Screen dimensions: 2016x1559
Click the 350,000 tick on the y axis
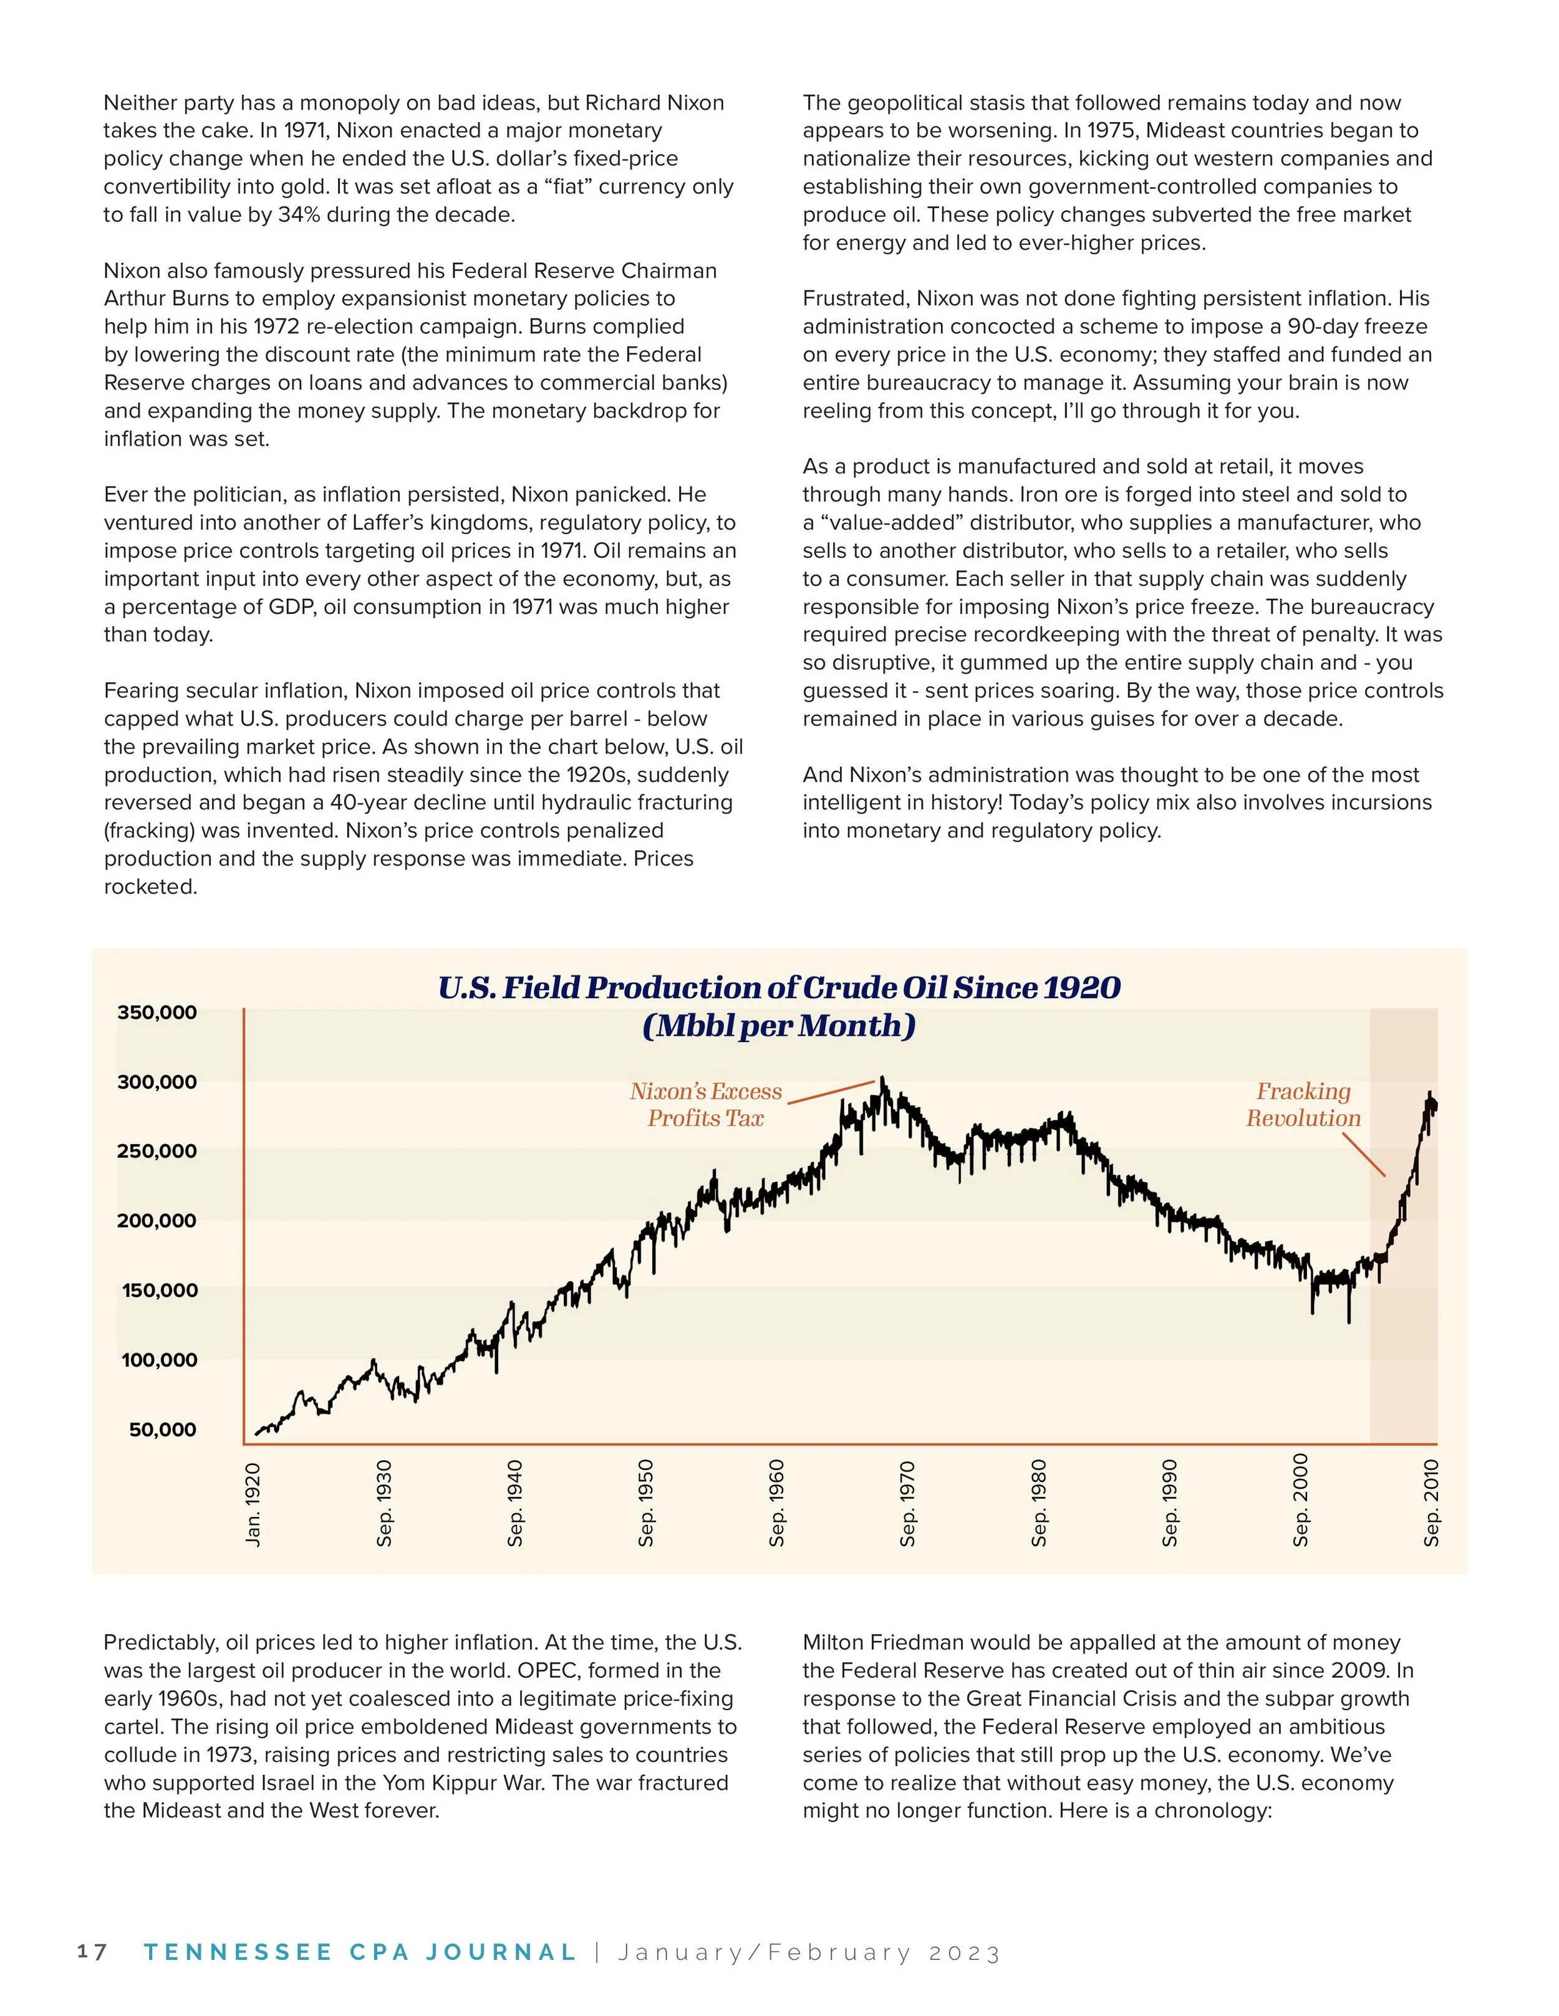(x=157, y=1013)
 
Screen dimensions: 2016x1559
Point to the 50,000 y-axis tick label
(x=163, y=1430)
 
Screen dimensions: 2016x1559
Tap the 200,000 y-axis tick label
(x=157, y=1221)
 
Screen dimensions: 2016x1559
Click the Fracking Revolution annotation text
(x=1303, y=1105)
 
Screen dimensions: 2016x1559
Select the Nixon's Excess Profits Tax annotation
(x=706, y=1105)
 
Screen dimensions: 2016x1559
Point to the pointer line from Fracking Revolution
(x=1363, y=1154)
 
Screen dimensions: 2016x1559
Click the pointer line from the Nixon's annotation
(x=829, y=1092)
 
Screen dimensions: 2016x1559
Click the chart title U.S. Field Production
(x=779, y=988)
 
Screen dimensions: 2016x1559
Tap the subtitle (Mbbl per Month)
(x=779, y=1026)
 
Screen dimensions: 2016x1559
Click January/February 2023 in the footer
(x=809, y=1953)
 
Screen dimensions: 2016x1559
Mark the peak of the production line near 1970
(x=882, y=1078)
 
